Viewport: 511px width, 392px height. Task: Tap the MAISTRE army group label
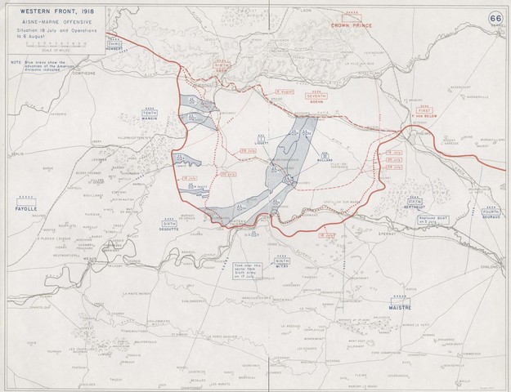click(x=397, y=307)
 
